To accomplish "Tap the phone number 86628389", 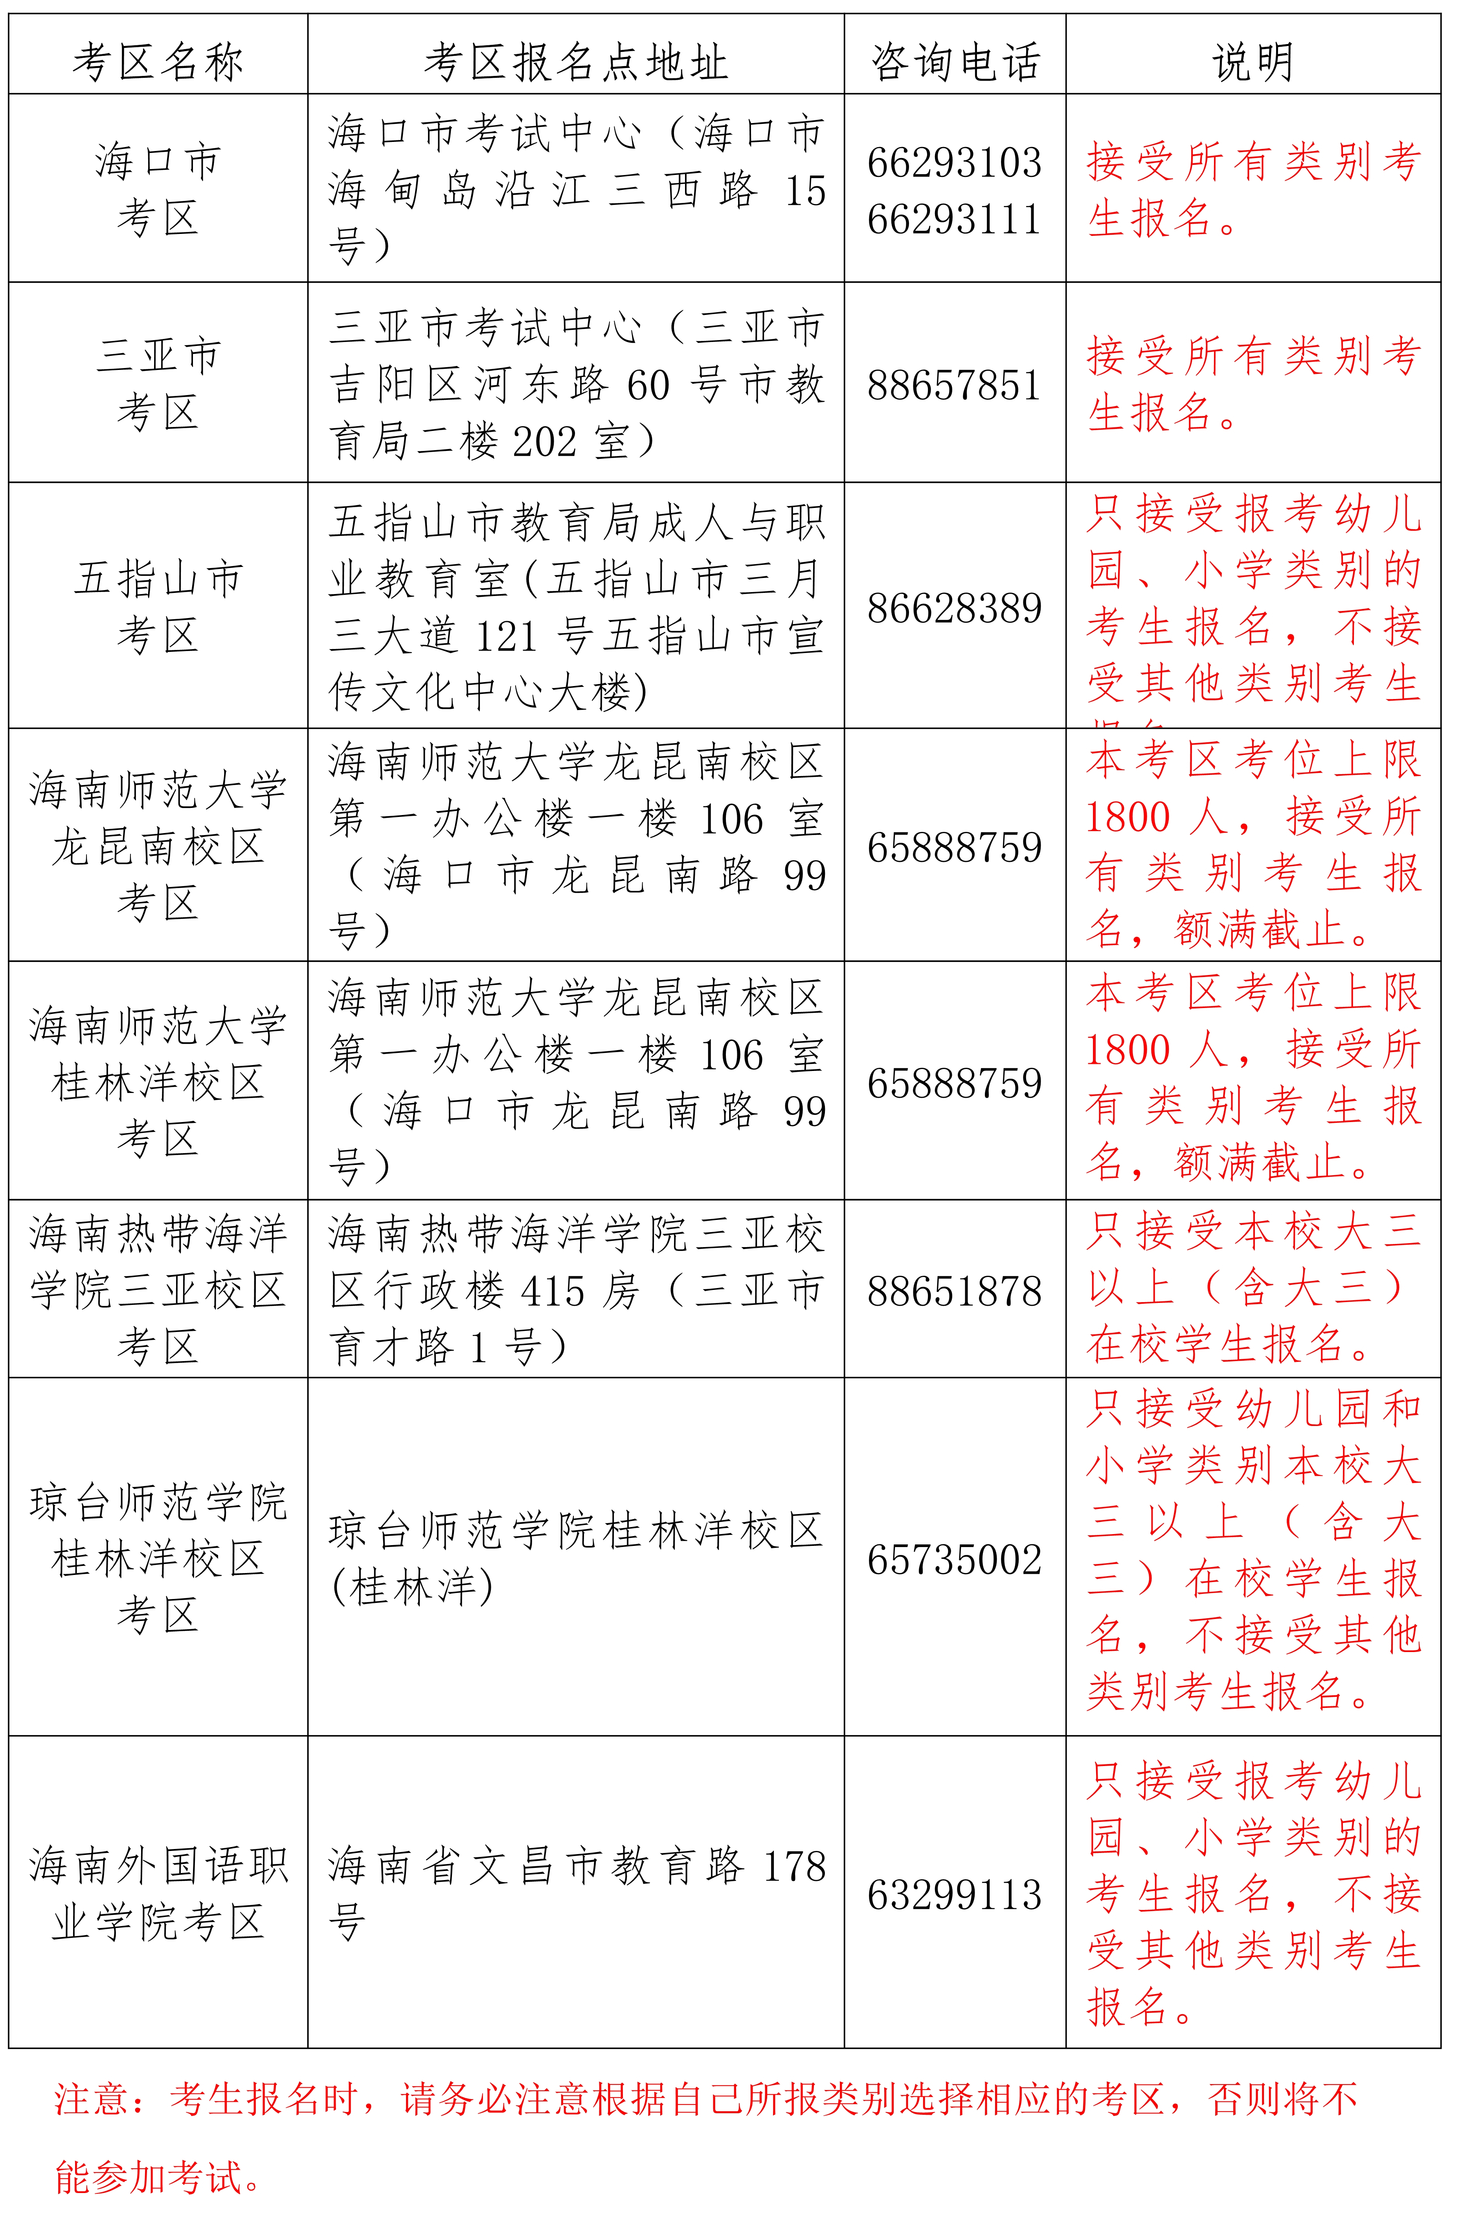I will pos(954,608).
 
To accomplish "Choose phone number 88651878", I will pos(954,1291).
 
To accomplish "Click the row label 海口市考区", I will pos(158,190).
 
